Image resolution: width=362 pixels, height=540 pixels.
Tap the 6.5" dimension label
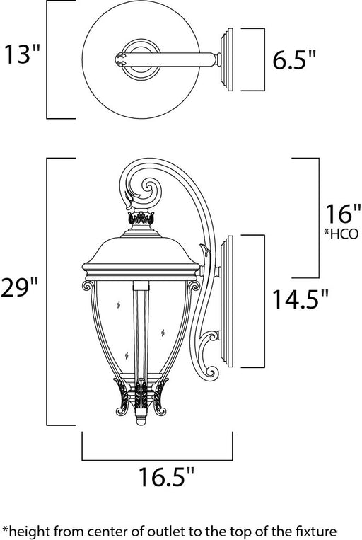tap(294, 59)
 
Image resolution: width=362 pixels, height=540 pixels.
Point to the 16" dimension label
tap(343, 214)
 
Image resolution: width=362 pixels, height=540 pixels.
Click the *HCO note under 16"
tap(341, 234)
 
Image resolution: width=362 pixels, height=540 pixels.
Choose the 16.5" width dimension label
tap(166, 476)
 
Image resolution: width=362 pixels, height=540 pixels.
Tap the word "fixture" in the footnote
tap(317, 531)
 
